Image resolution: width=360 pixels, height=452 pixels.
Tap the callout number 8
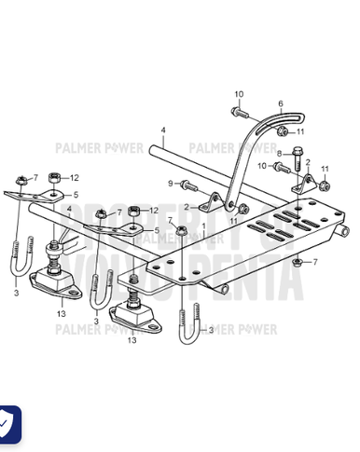pos(279,152)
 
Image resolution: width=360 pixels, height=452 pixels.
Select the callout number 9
pos(171,183)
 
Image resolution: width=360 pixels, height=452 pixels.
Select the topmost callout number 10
pos(238,95)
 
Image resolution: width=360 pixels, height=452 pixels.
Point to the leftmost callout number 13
pos(61,314)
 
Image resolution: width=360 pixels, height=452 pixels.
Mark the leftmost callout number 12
pos(75,176)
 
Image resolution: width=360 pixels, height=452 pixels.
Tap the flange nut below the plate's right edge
pos(296,262)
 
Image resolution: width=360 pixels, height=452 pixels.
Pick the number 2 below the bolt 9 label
pos(186,206)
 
